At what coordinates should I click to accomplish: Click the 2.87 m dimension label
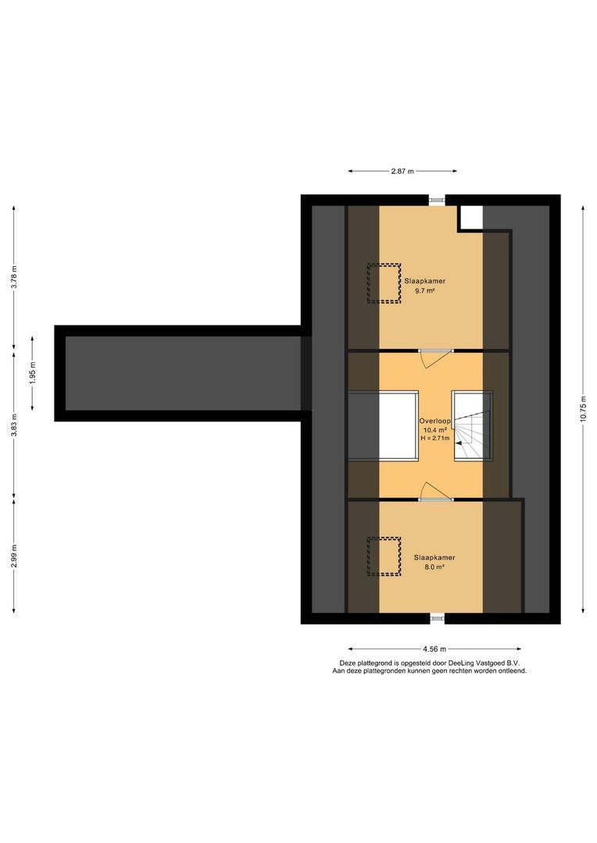[x=402, y=170]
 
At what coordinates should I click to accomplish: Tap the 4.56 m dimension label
[x=434, y=649]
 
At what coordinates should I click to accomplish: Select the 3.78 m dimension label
[x=13, y=276]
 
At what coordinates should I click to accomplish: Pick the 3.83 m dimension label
[x=13, y=421]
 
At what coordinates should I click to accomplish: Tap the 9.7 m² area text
[x=425, y=290]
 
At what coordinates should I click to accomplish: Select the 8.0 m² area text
[x=434, y=567]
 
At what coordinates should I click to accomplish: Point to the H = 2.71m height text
[x=434, y=439]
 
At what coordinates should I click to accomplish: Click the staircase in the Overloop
[x=473, y=426]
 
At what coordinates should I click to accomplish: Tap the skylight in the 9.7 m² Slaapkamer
[x=384, y=283]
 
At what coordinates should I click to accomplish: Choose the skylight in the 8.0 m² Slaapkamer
[x=384, y=557]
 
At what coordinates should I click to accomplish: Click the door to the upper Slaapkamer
[x=434, y=355]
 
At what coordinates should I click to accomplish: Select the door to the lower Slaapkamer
[x=434, y=492]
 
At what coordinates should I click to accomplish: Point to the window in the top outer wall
[x=436, y=200]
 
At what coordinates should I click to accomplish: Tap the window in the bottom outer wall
[x=436, y=618]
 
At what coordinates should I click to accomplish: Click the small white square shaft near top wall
[x=470, y=217]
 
